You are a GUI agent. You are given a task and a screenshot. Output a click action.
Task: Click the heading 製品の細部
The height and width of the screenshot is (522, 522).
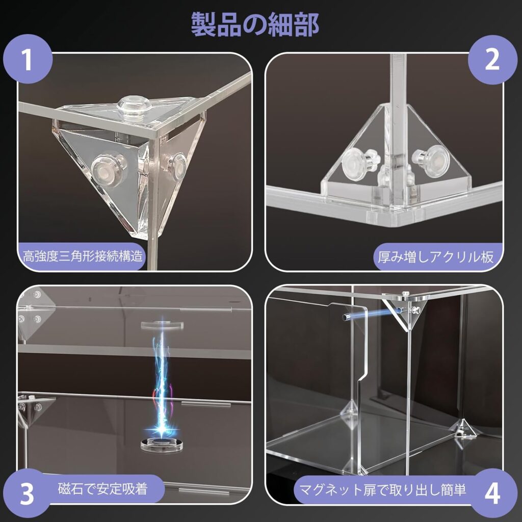(255, 24)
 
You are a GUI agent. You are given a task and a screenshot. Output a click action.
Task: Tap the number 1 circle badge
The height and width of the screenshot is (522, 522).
(28, 59)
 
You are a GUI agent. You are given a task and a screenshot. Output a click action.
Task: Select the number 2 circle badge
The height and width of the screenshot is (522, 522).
(492, 60)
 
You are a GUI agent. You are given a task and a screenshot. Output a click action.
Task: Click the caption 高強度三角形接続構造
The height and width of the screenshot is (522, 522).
(83, 256)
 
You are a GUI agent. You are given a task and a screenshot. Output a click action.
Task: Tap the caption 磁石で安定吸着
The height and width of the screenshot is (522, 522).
(102, 489)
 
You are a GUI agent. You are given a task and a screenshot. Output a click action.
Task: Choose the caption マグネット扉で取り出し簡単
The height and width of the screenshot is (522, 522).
(382, 489)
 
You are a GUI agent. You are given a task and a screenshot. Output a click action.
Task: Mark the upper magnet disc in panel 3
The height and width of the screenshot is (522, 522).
(162, 325)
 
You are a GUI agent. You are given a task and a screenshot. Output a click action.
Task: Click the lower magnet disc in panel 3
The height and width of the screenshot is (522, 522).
(162, 445)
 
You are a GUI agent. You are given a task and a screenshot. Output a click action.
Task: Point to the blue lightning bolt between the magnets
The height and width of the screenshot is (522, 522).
(162, 379)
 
